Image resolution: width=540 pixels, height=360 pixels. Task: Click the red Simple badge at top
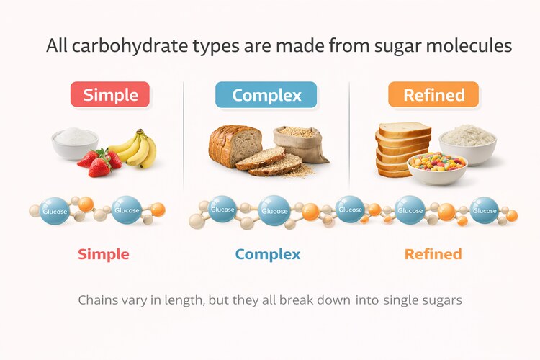(109, 94)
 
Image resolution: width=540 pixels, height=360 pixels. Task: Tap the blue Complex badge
(266, 94)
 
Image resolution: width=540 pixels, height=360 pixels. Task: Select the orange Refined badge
(433, 94)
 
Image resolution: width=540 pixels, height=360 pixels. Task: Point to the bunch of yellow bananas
(138, 148)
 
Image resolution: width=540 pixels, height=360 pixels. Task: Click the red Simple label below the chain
(104, 254)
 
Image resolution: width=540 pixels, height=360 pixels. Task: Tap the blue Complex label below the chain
(268, 254)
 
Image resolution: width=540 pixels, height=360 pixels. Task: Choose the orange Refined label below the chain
(433, 254)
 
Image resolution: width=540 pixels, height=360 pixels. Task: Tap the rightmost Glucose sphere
(485, 210)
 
